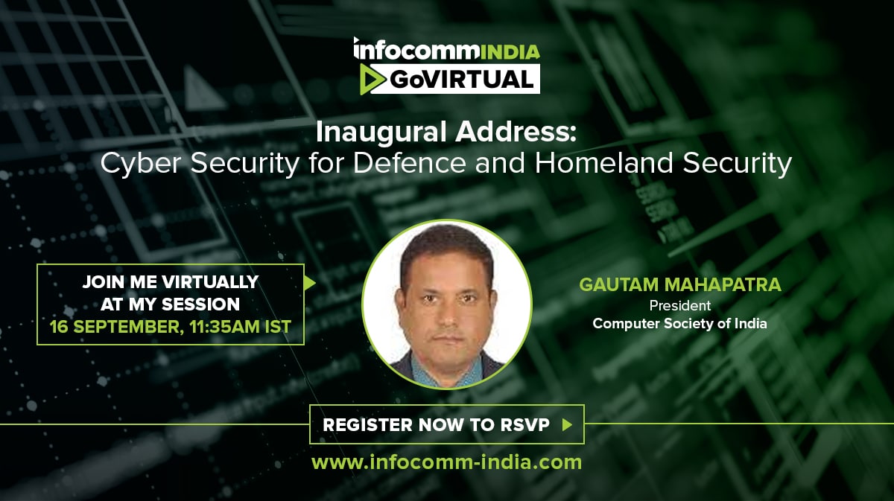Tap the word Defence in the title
[x=410, y=163]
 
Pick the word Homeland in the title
[x=604, y=163]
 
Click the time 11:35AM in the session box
[x=225, y=327]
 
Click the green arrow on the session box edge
[x=309, y=283]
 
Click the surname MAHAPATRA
[x=723, y=284]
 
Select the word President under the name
[x=679, y=305]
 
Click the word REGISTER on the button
[x=367, y=425]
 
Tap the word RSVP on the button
[x=525, y=425]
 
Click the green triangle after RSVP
[x=567, y=425]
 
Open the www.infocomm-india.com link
[x=446, y=462]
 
